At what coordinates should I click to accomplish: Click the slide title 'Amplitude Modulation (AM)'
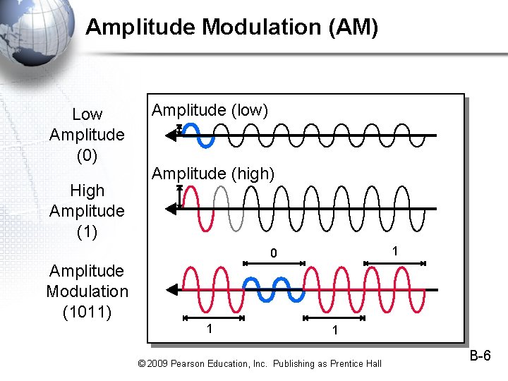pos(231,28)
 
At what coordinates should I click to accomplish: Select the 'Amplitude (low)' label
pos(210,111)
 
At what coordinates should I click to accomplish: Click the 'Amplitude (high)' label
pos(213,173)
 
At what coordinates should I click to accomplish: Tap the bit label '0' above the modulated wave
pos(274,253)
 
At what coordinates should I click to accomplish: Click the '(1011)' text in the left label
pos(87,311)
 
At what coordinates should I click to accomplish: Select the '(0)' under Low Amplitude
pos(87,155)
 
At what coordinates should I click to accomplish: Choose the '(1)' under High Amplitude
pos(87,231)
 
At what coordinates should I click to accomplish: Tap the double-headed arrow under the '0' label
pos(274,263)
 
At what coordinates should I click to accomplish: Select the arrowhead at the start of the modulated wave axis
pos(171,289)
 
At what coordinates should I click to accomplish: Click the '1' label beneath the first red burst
pos(209,329)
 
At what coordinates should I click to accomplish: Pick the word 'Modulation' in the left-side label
pos(87,291)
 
